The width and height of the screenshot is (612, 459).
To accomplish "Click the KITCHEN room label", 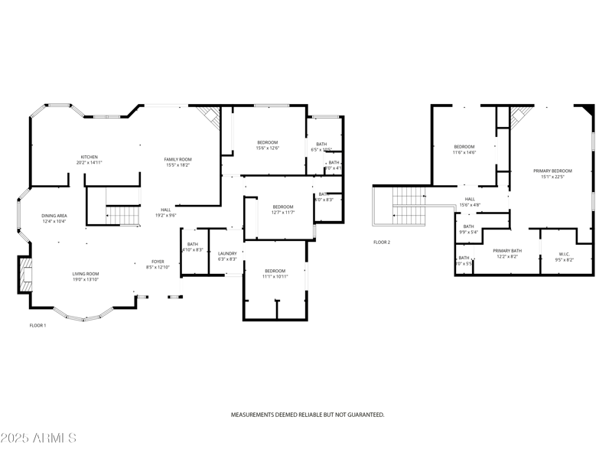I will pos(90,156).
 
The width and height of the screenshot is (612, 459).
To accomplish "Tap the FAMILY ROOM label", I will pos(177,158).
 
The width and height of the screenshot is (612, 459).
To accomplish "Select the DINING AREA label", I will pos(54,216).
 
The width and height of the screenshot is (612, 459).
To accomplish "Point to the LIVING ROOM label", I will pos(85,273).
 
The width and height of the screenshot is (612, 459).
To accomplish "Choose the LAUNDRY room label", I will pos(227,253).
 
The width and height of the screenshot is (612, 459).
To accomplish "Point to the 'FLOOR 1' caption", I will pos(38,325).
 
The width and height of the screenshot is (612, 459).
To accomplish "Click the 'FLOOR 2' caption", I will pos(382,242).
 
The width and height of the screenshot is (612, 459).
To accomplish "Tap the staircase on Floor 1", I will pos(122,216).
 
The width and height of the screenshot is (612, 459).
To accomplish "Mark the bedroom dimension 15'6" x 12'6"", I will pos(267,148).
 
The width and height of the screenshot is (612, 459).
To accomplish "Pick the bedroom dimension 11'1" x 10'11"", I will pos(275,277).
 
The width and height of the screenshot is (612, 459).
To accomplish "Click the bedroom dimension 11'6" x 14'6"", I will pos(464,152).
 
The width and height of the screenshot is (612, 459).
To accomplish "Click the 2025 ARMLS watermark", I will pos(38,438).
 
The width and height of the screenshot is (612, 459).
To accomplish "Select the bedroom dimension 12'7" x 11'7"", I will pos(283,213).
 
